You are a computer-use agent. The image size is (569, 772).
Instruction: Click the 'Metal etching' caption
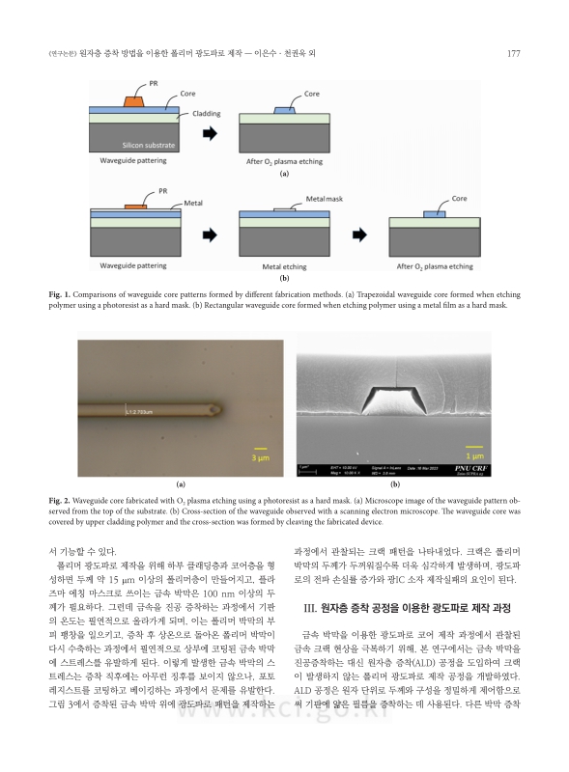(x=284, y=263)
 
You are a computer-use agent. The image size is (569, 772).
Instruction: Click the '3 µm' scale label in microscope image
(x=260, y=458)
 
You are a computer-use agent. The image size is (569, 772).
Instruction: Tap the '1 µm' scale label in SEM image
(x=474, y=455)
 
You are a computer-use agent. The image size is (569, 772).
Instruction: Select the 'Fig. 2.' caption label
(x=60, y=502)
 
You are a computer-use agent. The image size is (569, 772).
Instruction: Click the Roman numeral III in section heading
(x=311, y=605)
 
